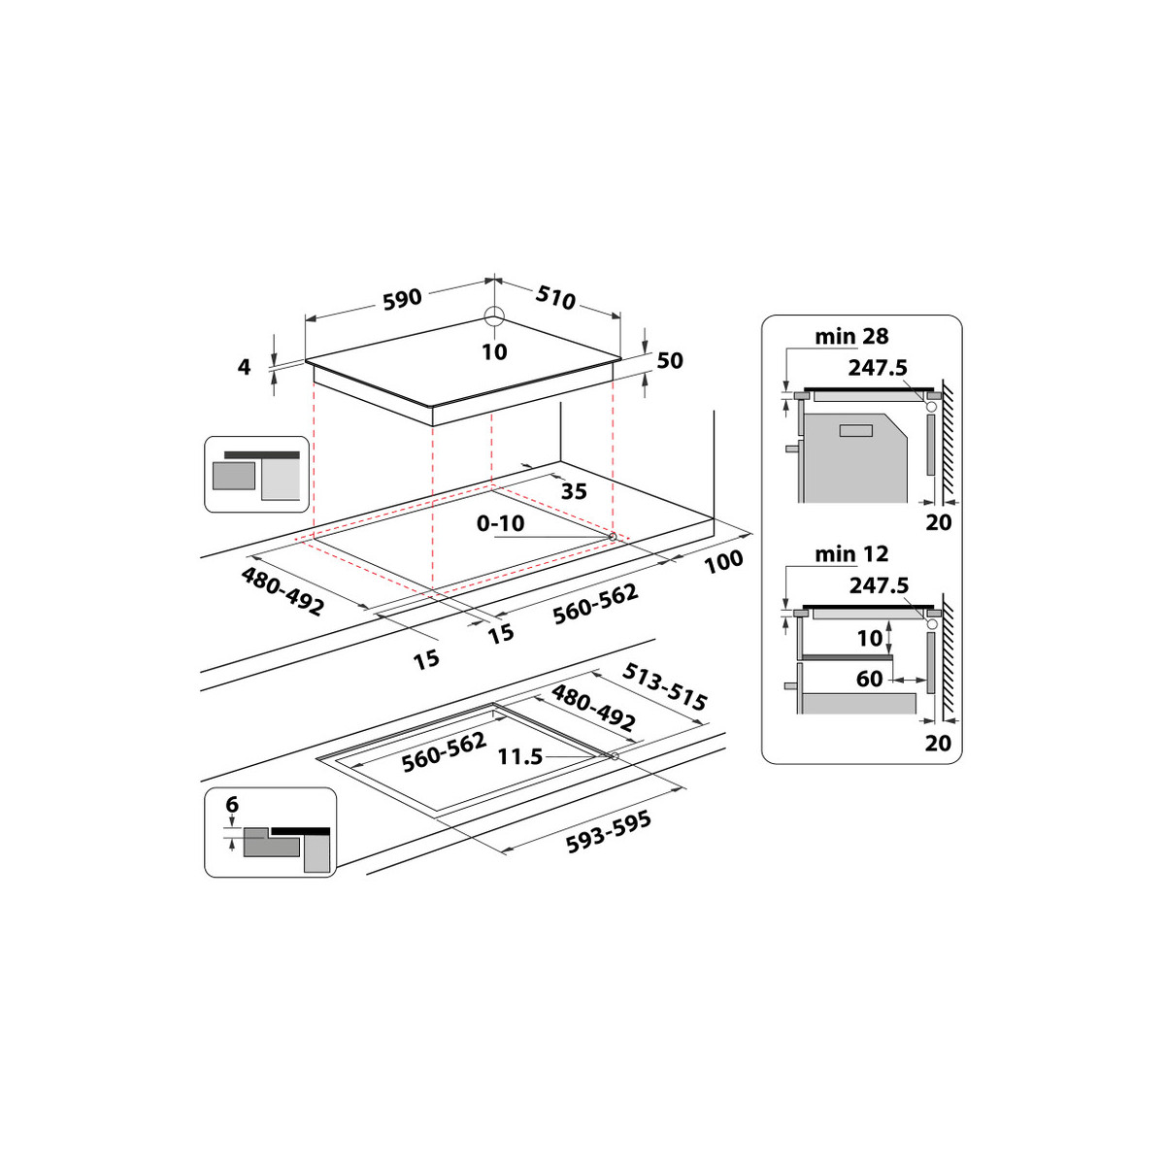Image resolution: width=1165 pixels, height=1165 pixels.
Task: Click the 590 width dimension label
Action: [x=402, y=299]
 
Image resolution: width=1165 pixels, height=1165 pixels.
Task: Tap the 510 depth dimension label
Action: [x=555, y=297]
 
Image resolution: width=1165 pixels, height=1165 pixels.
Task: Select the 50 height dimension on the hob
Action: [x=670, y=360]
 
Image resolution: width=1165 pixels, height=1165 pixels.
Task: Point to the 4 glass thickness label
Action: [x=245, y=367]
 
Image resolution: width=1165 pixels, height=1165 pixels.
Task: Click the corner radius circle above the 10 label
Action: [x=494, y=315]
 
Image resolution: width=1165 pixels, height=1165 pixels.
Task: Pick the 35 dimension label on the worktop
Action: [x=574, y=491]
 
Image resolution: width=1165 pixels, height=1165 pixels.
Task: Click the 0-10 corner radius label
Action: [x=501, y=523]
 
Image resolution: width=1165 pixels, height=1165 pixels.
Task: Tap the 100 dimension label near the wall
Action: [x=723, y=561]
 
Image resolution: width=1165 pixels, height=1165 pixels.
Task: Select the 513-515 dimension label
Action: [x=664, y=686]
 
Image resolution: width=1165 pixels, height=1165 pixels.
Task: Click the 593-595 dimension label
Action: [x=609, y=832]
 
